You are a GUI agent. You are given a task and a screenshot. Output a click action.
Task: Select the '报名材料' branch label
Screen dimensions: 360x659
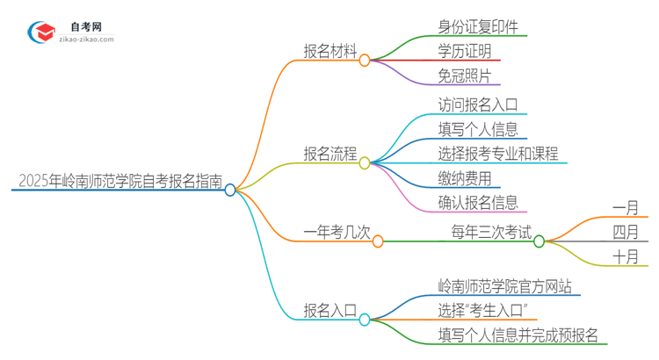tap(329, 52)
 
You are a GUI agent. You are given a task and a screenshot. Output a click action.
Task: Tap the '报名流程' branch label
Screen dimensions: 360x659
tap(329, 155)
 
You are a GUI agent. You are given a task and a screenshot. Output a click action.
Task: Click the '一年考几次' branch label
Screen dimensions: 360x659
tap(337, 233)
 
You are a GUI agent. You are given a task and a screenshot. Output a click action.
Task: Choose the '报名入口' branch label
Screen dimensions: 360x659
tap(329, 310)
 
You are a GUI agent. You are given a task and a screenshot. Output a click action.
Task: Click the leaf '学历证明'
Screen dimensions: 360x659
tap(465, 51)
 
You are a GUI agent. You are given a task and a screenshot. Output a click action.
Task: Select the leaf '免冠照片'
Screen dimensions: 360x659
tap(465, 76)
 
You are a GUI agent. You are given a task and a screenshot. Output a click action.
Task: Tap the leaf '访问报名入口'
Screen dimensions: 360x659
tap(478, 104)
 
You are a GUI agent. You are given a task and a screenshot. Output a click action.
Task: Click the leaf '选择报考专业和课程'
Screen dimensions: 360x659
tap(498, 153)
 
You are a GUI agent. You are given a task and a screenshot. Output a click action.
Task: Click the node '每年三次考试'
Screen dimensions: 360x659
tap(491, 233)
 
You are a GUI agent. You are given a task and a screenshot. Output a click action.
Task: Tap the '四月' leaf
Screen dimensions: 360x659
tap(626, 233)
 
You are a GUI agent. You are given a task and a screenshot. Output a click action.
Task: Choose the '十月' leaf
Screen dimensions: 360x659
tap(626, 257)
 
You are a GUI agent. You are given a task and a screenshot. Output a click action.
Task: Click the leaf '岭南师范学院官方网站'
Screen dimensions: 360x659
tap(509, 286)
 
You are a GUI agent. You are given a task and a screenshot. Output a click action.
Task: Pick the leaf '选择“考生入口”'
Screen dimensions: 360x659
tap(482, 310)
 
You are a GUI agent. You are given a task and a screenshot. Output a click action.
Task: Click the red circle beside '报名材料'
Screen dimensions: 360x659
tap(365, 60)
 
